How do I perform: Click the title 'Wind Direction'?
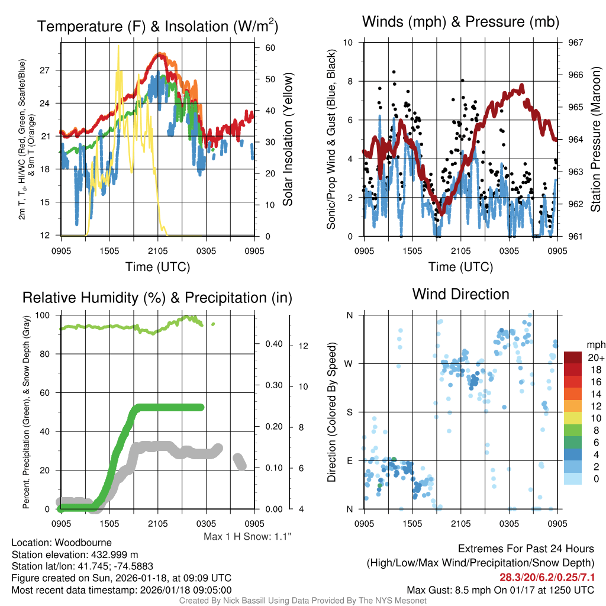tap(460, 294)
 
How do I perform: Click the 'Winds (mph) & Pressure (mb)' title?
tap(460, 22)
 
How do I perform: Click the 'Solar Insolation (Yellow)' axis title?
tap(288, 140)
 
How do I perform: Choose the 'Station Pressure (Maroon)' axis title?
tap(596, 140)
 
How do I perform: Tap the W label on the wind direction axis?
tap(349, 363)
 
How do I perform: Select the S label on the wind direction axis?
tap(349, 412)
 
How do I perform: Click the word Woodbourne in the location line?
tap(82, 542)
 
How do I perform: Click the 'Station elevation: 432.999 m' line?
tap(75, 555)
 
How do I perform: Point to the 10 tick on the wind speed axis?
tap(349, 43)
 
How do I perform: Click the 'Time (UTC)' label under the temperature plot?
tap(157, 267)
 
